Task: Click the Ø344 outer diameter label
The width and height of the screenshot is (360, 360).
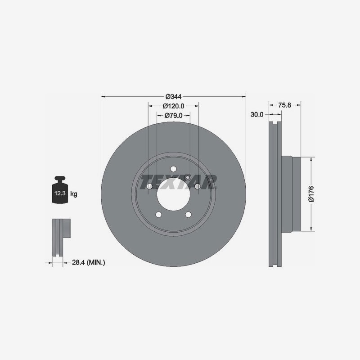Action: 173,97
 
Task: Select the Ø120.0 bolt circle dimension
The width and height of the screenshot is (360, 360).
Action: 173,106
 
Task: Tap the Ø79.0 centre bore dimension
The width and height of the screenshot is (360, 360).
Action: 173,115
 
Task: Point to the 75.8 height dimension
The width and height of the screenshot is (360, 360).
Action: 284,105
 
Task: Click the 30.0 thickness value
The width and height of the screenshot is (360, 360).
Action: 257,114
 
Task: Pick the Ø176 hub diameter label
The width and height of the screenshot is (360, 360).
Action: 311,194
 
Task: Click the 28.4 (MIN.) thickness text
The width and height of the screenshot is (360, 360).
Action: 88,262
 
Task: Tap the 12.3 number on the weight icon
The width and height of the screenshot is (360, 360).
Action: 60,193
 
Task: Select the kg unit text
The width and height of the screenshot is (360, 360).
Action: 74,194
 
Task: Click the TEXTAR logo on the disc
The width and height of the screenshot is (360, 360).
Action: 179,182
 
